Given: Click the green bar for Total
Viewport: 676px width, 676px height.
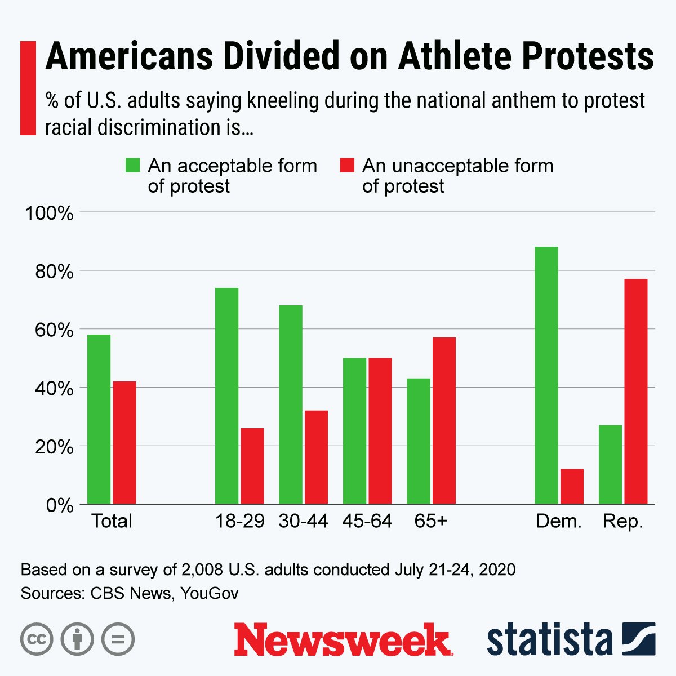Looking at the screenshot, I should coord(99,419).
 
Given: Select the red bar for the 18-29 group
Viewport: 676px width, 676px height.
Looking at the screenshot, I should coord(252,466).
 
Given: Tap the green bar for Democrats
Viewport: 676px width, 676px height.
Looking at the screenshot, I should coord(546,375).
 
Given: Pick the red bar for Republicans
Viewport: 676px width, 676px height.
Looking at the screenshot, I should coord(635,391).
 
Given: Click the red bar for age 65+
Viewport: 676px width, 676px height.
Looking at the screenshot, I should coord(444,420).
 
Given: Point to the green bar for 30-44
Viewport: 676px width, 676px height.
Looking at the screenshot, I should coord(291,404).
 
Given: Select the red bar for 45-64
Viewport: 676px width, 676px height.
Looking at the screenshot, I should coord(380,430).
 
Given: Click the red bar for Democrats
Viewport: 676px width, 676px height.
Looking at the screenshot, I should coord(572,486).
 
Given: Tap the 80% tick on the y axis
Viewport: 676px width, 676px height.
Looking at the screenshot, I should coord(50,272).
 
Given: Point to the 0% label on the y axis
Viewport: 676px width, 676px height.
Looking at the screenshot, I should coord(58,505).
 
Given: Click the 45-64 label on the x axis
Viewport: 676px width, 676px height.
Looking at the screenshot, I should coord(367,521).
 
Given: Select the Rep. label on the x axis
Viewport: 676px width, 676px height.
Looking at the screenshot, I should coord(622,521).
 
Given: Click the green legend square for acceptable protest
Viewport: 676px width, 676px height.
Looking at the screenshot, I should coord(132,165).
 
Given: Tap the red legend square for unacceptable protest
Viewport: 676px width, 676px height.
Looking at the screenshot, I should coord(347,165).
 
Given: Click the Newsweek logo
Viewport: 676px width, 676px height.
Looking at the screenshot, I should coord(343,639).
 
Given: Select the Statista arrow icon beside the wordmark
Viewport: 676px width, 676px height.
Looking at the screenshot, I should coord(639,639).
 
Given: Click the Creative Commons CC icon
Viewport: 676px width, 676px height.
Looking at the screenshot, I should coord(37,639).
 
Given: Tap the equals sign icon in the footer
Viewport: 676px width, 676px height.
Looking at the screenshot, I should coord(118,639).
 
